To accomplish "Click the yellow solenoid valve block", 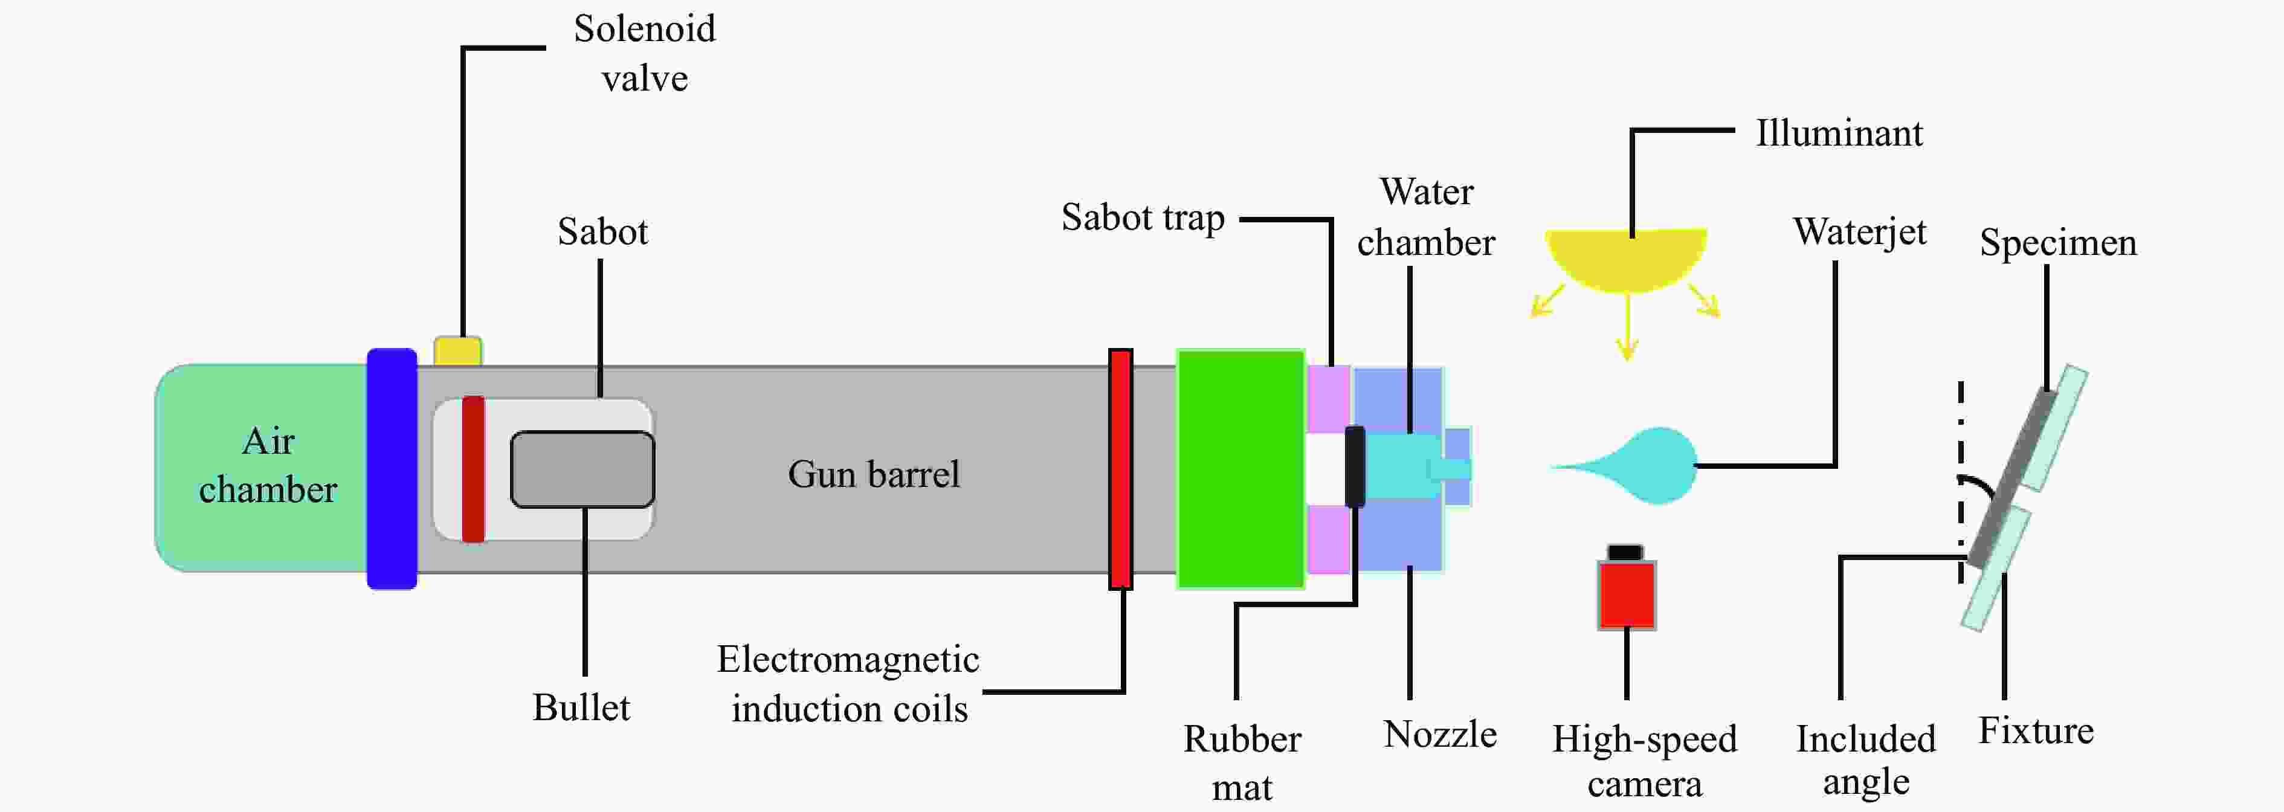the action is [x=457, y=351].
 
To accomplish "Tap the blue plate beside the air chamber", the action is [x=392, y=469].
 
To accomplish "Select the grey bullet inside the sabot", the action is [x=582, y=469].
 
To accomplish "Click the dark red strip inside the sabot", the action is [x=474, y=469].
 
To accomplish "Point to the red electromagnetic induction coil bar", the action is [x=1121, y=469].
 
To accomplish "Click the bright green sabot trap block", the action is [x=1240, y=469].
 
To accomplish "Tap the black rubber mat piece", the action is [x=1355, y=467].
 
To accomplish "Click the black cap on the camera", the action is [x=1625, y=552].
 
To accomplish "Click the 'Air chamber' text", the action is [x=268, y=465].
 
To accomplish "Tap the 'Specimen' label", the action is [x=2058, y=243].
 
